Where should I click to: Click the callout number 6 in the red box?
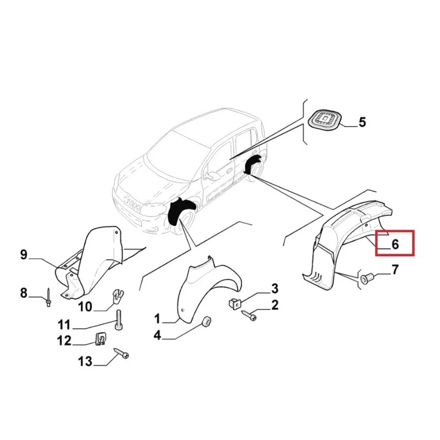tap(395, 244)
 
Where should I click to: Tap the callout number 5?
tap(362, 122)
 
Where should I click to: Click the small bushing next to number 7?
tap(365, 278)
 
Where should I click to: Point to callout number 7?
tap(395, 269)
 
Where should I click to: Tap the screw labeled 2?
tap(248, 315)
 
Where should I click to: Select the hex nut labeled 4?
tap(207, 321)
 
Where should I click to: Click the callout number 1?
tap(157, 319)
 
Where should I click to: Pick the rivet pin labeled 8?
tap(48, 297)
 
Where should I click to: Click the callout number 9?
tap(24, 255)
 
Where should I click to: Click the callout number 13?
tap(85, 362)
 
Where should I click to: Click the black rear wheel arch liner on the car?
tap(252, 164)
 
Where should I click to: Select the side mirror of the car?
tap(213, 175)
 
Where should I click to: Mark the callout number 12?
tap(64, 341)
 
